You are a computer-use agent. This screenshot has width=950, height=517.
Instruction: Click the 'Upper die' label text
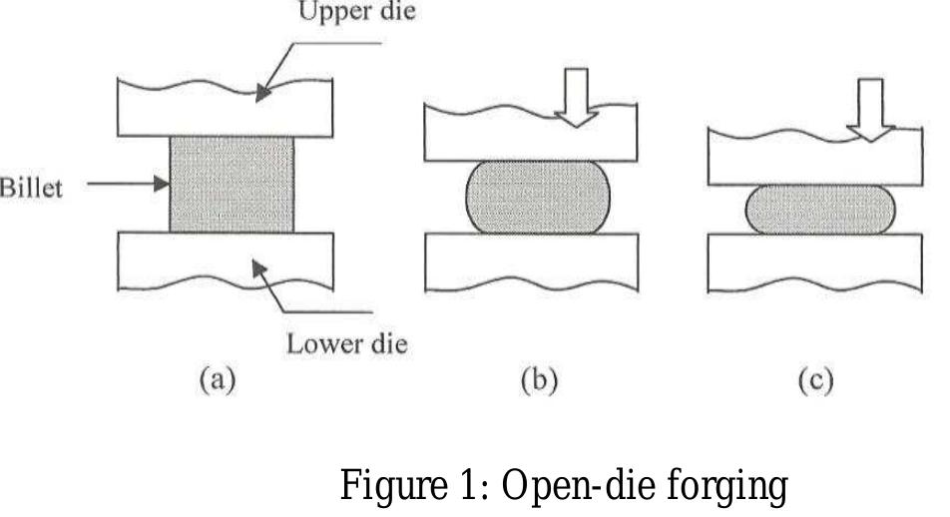(357, 12)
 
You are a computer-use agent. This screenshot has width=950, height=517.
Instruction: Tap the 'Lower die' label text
(346, 343)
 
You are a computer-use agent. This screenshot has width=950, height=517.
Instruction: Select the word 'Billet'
(31, 188)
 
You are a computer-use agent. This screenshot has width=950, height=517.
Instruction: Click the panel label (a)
(217, 380)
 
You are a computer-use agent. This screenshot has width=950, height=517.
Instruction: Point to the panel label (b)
(539, 380)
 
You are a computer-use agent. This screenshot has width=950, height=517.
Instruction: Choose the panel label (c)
(815, 380)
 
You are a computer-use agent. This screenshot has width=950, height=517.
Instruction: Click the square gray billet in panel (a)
(232, 185)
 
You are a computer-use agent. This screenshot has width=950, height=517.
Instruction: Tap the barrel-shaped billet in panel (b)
(538, 197)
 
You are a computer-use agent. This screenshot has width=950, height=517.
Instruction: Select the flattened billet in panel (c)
(819, 210)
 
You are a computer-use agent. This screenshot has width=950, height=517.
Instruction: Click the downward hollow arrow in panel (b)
(576, 97)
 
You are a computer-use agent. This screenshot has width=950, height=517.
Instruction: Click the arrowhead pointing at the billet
(162, 183)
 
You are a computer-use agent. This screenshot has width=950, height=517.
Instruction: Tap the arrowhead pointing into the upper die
(262, 93)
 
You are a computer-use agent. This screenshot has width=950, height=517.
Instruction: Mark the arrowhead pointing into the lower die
(259, 268)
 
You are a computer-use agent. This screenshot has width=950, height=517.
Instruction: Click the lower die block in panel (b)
(531, 261)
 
